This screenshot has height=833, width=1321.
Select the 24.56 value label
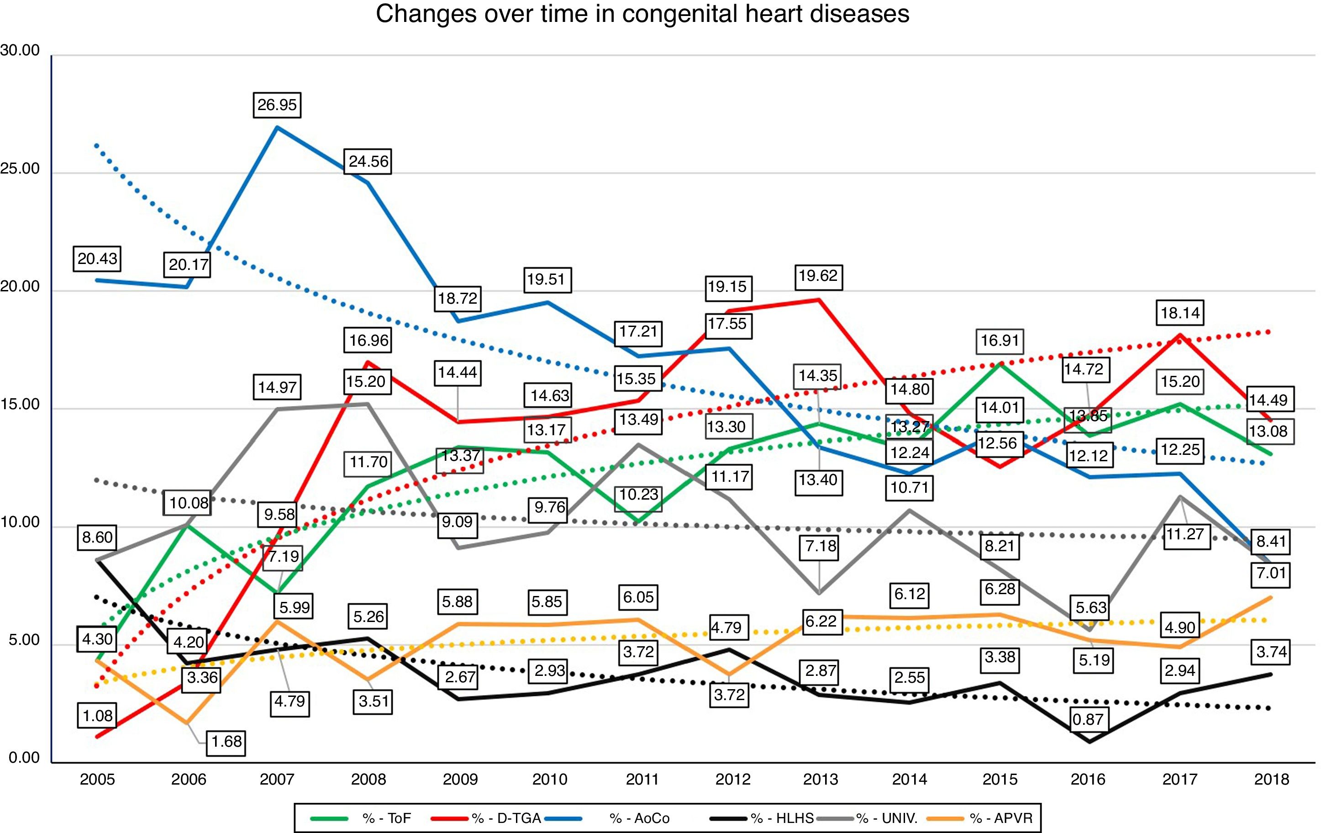(368, 161)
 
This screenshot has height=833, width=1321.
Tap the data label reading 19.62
(818, 275)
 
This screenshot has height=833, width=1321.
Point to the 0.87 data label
(1087, 719)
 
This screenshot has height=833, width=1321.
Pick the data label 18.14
(1180, 313)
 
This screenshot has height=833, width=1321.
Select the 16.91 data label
(1000, 340)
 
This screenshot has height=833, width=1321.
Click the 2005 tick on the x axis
(97, 779)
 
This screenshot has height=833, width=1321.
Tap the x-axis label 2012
(733, 779)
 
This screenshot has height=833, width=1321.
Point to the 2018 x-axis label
(1272, 779)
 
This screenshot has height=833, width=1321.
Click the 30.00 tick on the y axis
(20, 51)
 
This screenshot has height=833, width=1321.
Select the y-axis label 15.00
(20, 405)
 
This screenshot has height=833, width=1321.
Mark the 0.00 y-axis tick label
(24, 758)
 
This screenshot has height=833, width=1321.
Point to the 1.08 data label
(97, 716)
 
